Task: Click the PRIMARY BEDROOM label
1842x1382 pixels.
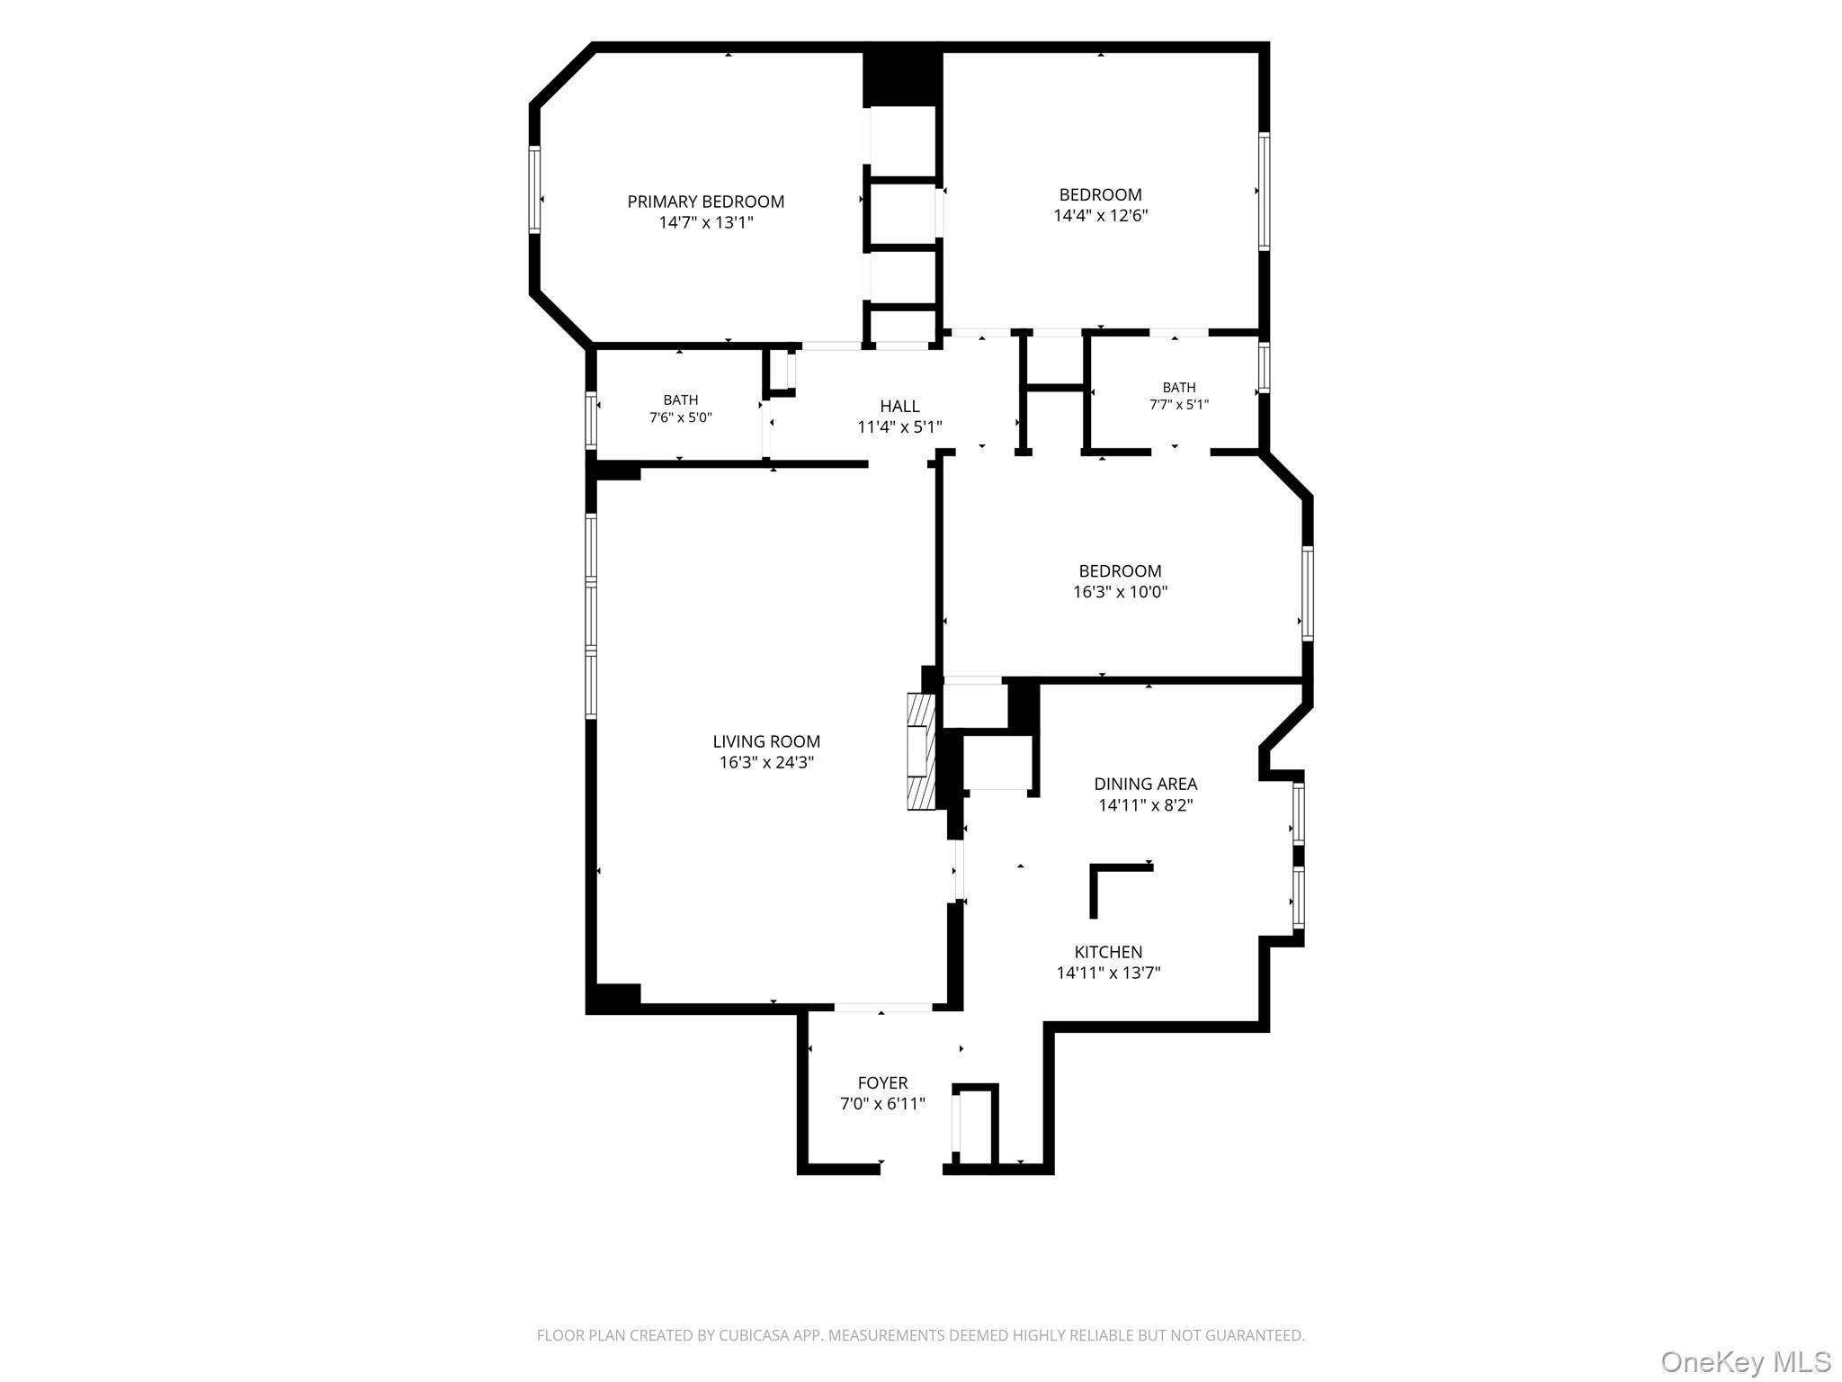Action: tap(706, 202)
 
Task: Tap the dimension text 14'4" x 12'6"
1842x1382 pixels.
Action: tap(1101, 216)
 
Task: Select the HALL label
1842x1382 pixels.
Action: tap(899, 407)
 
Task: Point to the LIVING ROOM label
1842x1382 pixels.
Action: tap(766, 741)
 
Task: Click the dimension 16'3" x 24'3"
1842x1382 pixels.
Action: tap(766, 763)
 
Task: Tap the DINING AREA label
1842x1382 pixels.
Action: tap(1146, 784)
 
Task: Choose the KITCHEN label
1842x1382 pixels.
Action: tap(1108, 952)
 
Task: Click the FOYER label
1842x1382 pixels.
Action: tap(882, 1083)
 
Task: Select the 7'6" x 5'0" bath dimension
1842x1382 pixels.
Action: tap(681, 417)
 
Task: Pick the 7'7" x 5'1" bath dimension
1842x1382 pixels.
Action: tap(1179, 405)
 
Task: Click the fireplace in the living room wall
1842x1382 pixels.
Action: tap(922, 751)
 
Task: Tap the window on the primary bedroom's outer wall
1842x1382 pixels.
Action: tap(534, 190)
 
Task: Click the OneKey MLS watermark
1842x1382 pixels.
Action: tap(1746, 1361)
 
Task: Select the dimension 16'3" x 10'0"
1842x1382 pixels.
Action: tap(1121, 592)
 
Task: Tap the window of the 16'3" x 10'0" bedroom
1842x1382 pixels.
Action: tap(1308, 593)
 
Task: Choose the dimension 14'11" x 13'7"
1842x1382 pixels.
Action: tap(1108, 973)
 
